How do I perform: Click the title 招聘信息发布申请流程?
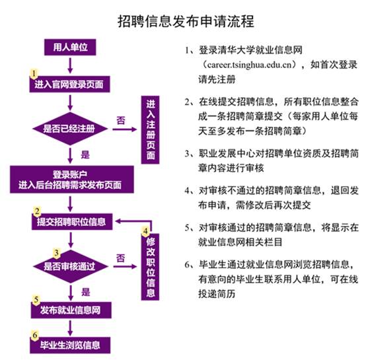[186, 21]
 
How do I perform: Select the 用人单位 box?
[70, 47]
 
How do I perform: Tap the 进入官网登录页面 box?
[69, 85]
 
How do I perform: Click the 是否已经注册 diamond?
[70, 129]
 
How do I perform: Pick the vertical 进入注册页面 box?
[151, 130]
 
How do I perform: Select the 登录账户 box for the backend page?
[72, 180]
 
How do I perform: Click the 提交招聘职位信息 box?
[72, 222]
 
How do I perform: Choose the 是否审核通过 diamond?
[71, 266]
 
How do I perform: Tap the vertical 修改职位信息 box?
[151, 267]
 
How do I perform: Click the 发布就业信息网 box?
[71, 310]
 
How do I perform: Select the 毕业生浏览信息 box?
[70, 345]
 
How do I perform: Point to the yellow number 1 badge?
[34, 73]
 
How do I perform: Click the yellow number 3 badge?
[57, 253]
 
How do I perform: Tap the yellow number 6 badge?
[34, 336]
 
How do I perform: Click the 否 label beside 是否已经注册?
[121, 121]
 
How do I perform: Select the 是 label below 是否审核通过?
[86, 292]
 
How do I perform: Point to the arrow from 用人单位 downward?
[70, 65]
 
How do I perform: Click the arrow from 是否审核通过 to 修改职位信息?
[125, 266]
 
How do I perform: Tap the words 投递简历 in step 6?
[217, 294]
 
